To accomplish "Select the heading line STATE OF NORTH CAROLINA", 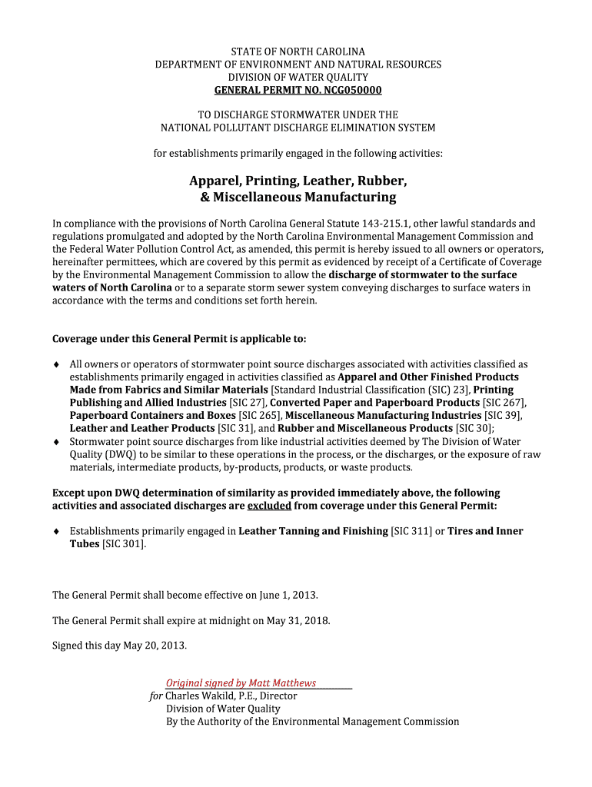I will click(x=298, y=51).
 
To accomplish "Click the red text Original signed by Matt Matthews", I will click(x=241, y=683).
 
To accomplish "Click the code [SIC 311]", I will click(x=411, y=531).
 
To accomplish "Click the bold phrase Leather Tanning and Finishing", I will click(x=313, y=531).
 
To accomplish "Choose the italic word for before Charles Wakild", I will click(x=156, y=696).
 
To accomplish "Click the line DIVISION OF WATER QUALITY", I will click(x=298, y=78).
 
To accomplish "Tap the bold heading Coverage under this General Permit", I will click(x=178, y=339).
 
